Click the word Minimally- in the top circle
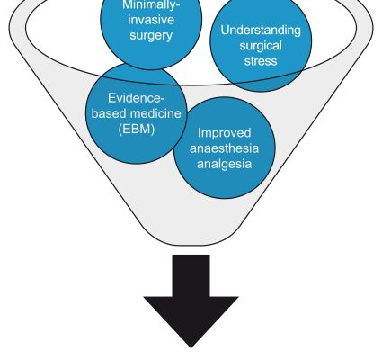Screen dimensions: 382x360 click(151, 5)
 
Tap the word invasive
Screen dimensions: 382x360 click(151, 20)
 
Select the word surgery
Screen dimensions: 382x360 click(151, 36)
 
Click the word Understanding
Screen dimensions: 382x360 click(261, 31)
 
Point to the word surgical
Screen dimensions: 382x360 click(261, 46)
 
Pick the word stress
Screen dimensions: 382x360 click(261, 61)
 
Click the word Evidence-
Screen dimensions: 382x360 click(137, 98)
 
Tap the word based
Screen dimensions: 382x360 click(110, 113)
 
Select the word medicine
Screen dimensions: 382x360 click(156, 113)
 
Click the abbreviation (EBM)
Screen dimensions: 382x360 click(137, 130)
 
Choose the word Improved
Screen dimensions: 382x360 click(224, 133)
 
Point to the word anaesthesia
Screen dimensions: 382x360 click(224, 148)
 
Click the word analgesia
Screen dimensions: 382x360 click(224, 165)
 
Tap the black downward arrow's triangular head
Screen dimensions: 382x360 click(191, 318)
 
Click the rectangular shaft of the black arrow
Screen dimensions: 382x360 click(191, 276)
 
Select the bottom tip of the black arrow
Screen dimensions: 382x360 click(191, 347)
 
